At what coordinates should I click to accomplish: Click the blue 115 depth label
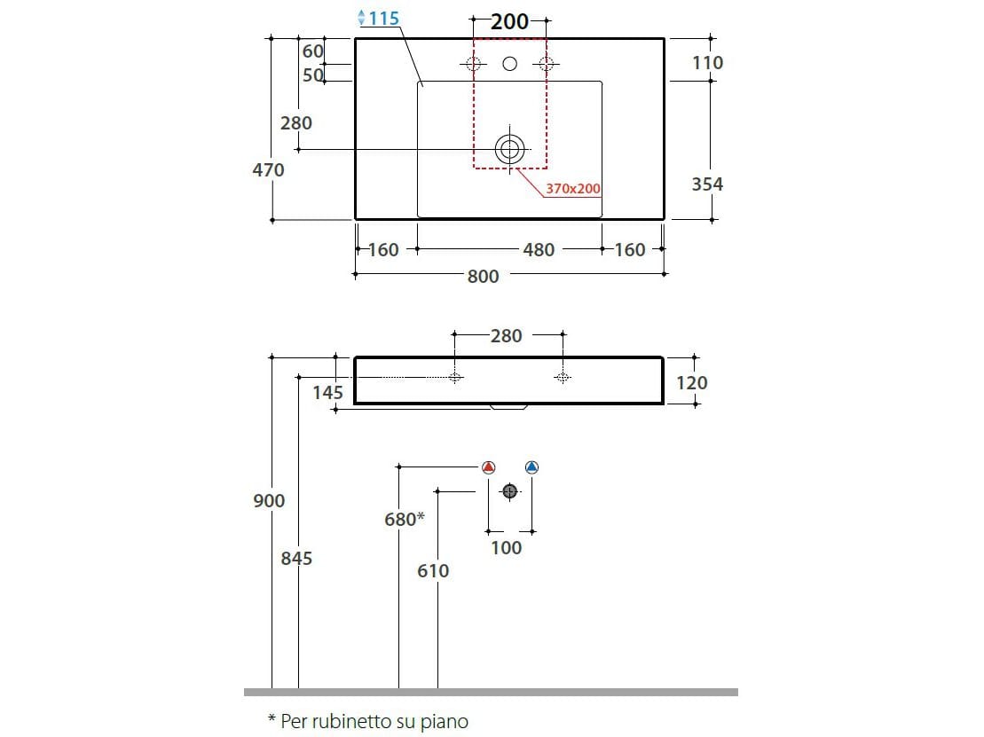pyautogui.click(x=383, y=19)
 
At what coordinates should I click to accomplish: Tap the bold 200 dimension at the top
pyautogui.click(x=509, y=21)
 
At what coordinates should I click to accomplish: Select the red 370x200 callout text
pyautogui.click(x=573, y=188)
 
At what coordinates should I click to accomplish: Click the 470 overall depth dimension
pyautogui.click(x=269, y=170)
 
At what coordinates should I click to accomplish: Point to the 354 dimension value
pyautogui.click(x=707, y=184)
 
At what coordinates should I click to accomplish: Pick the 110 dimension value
pyautogui.click(x=707, y=63)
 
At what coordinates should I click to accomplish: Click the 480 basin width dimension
pyautogui.click(x=539, y=249)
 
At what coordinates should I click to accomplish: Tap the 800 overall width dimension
pyautogui.click(x=483, y=276)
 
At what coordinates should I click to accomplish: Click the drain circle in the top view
pyautogui.click(x=509, y=149)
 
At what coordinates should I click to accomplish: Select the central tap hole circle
pyautogui.click(x=509, y=63)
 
